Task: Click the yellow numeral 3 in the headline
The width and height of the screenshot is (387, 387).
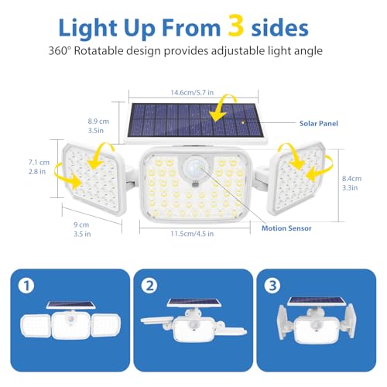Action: pos(236,25)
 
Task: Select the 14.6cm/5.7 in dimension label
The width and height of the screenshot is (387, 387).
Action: pos(192,92)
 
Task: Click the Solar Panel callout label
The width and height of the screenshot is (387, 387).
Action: pos(319,124)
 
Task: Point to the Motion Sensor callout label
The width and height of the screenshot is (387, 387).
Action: pos(286,228)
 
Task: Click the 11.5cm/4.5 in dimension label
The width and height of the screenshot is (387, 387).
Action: pos(192,234)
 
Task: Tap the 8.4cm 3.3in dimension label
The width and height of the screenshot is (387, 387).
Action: pos(351,183)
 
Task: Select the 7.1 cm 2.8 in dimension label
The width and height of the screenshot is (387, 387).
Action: pos(39,167)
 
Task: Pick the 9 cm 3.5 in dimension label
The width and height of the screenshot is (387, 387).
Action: pos(82,229)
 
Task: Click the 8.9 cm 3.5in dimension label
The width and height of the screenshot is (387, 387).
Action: pos(98,126)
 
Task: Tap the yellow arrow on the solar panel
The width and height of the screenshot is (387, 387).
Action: pos(222,108)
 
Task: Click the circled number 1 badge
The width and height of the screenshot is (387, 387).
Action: pos(26,286)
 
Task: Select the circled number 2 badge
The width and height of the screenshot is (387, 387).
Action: pos(149,286)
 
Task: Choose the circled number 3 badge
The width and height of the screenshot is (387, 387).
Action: pos(272,286)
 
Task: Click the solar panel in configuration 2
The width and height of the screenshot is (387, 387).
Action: pos(193,303)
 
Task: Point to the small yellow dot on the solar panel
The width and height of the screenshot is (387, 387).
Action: pos(243,122)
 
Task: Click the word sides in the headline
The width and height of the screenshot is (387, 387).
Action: pos(279,28)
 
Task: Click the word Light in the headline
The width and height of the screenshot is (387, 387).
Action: pos(88,29)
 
